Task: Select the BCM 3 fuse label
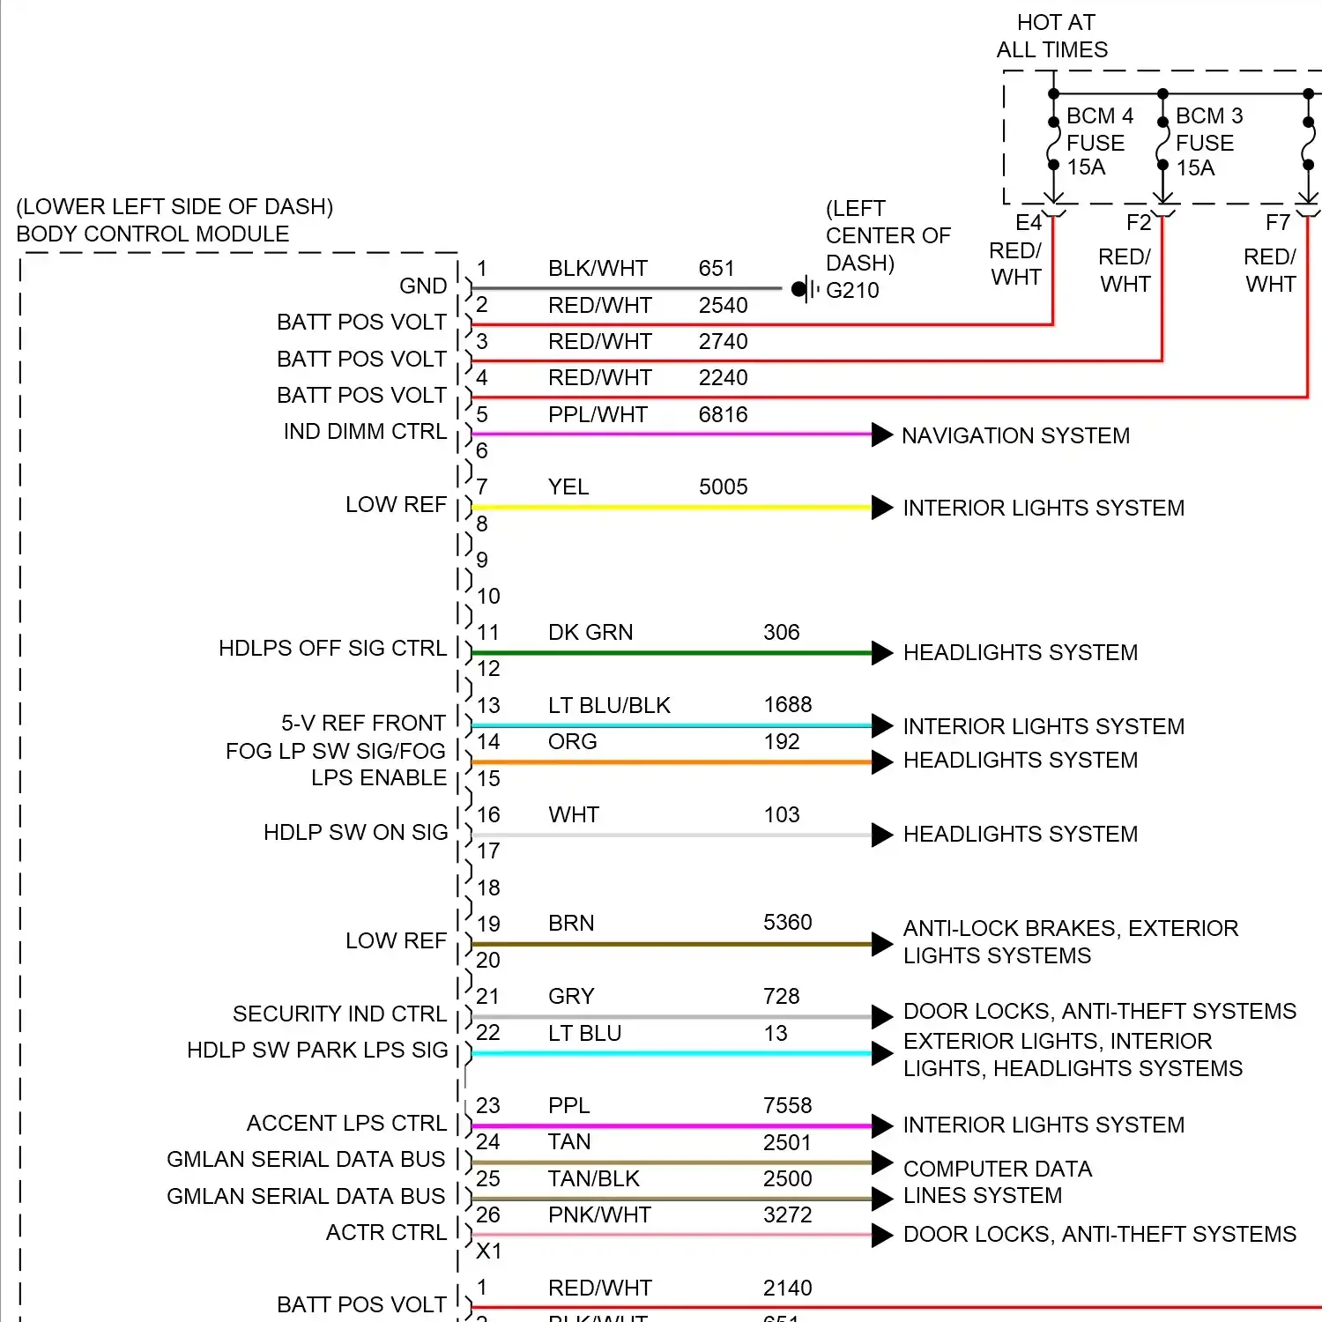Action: tap(1207, 142)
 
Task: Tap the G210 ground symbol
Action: tap(802, 288)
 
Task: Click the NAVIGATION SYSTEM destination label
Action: tap(1015, 435)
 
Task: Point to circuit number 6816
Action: tap(723, 414)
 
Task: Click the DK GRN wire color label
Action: tap(590, 633)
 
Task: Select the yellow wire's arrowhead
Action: tap(882, 508)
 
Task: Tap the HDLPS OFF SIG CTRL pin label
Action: tap(332, 649)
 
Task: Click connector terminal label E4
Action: tap(1028, 222)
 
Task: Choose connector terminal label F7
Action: tap(1277, 222)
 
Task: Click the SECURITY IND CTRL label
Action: tap(339, 1014)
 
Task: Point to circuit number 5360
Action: tap(787, 923)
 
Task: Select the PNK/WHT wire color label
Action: tap(599, 1215)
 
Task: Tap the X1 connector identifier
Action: tap(488, 1251)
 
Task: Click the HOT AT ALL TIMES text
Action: tap(1053, 36)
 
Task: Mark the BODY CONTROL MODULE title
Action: tap(152, 234)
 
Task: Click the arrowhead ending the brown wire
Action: tap(882, 944)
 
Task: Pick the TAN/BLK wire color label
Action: tap(593, 1179)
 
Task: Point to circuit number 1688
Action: tap(787, 705)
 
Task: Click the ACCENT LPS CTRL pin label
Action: tap(346, 1124)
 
